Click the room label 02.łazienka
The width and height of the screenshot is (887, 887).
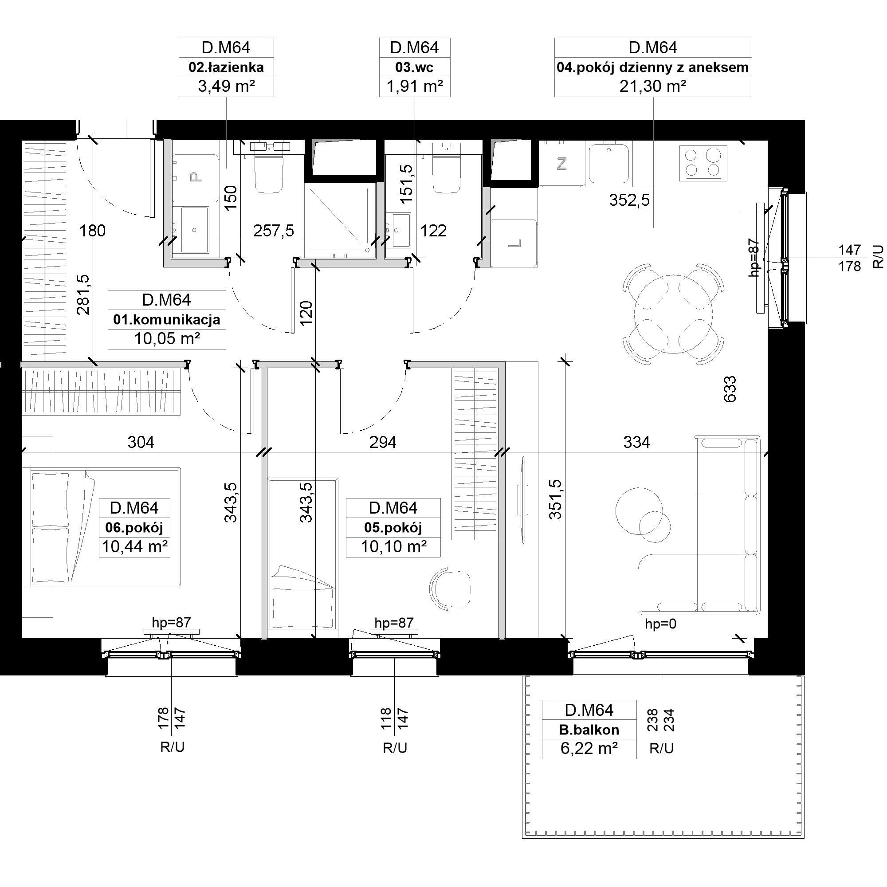coord(226,67)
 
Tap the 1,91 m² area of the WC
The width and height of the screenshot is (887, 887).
coord(415,86)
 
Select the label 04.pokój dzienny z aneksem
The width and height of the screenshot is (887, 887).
coord(652,67)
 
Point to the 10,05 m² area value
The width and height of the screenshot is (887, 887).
coord(167,339)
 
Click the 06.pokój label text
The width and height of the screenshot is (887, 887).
coord(134,527)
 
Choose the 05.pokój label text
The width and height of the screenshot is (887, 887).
coord(393,527)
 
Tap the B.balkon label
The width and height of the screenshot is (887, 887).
coord(589,730)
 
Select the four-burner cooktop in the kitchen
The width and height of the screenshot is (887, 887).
coord(703,162)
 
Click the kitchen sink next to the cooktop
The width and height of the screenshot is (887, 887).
coord(609,162)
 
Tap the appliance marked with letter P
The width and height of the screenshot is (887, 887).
coord(195,178)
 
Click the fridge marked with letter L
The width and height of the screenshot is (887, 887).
coord(514,243)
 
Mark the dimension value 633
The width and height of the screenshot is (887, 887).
coord(730,389)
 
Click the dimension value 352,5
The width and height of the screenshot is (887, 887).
coord(629,200)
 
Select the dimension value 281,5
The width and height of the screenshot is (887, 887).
coord(83,294)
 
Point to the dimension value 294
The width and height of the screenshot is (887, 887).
coord(382,442)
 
